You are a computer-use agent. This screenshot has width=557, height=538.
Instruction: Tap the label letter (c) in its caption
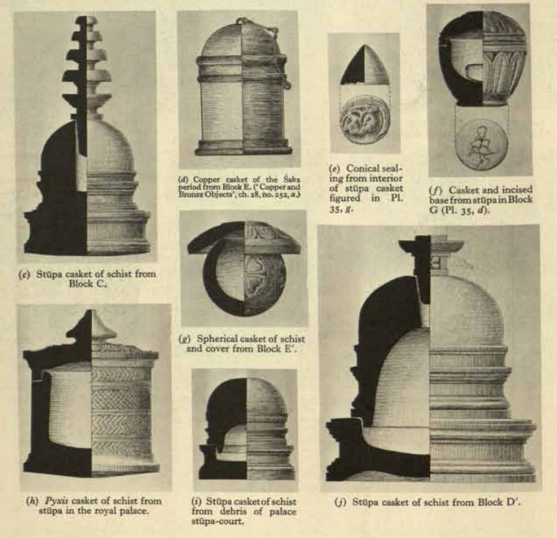[x=24, y=274]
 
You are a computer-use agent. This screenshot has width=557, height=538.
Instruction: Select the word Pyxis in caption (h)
[x=56, y=501]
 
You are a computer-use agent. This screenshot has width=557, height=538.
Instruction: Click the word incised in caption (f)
[x=515, y=189]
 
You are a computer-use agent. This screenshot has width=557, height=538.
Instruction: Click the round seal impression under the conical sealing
[x=364, y=119]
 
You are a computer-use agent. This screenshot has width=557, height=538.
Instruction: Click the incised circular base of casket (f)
[x=480, y=145]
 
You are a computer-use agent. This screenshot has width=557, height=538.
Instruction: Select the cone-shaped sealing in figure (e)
[x=365, y=65]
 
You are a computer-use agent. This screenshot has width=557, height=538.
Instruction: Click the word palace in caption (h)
[x=134, y=511]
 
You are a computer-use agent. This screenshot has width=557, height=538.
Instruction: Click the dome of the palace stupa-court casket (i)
[x=247, y=401]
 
